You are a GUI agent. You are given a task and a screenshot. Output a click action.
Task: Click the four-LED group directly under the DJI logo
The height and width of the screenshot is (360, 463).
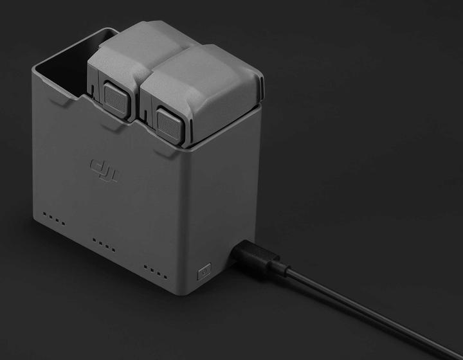point(104,244)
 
